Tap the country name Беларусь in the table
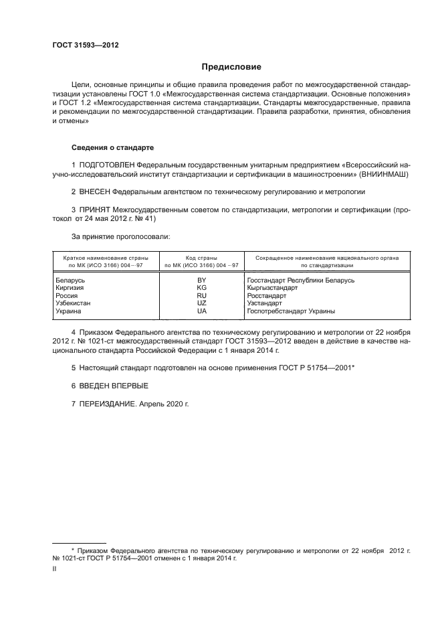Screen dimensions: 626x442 (69, 280)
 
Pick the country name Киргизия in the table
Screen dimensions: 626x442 (69, 287)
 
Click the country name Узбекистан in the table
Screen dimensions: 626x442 (73, 303)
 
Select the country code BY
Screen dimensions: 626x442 (201, 280)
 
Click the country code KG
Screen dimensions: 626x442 (201, 287)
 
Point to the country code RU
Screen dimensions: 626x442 (201, 295)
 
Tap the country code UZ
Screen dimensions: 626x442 (201, 303)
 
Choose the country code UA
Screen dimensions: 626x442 (201, 311)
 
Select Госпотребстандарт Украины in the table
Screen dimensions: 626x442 (291, 311)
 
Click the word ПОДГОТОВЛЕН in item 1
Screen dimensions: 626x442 (108, 165)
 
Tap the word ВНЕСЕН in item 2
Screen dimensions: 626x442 (95, 191)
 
